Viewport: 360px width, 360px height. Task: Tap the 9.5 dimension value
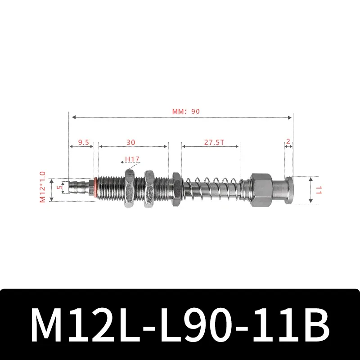[x=83, y=142]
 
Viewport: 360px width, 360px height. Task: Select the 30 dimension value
[x=130, y=142]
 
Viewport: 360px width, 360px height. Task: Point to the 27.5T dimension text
[x=214, y=142]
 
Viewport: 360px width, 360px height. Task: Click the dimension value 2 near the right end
[x=288, y=141]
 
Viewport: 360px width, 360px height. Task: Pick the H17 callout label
[x=132, y=159]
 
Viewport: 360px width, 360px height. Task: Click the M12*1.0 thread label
[x=43, y=186]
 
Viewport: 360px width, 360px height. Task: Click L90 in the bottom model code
[x=196, y=325]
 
